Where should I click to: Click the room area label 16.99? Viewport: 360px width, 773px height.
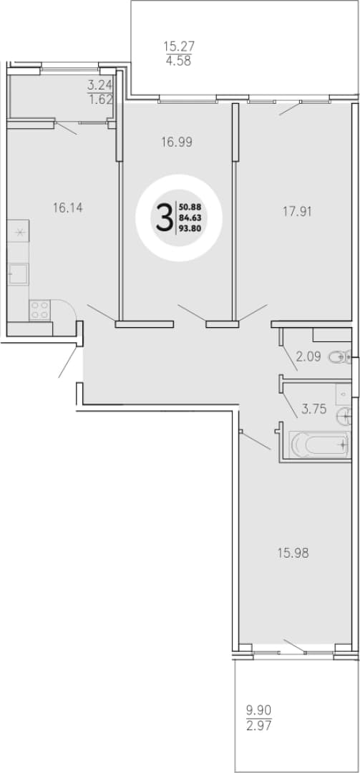point(176,142)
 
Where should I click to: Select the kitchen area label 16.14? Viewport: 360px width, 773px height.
point(67,208)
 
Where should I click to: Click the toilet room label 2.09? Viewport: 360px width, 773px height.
point(307,356)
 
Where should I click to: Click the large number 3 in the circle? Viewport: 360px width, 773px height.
point(164,218)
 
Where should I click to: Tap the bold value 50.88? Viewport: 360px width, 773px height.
point(190,207)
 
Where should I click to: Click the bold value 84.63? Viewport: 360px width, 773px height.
point(190,218)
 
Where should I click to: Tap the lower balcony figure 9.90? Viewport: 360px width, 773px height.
point(259,711)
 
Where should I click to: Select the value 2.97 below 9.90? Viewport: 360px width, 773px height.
point(259,726)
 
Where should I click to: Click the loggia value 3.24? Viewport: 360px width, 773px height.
point(101,84)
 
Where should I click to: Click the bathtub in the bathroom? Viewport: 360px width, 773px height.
point(319,444)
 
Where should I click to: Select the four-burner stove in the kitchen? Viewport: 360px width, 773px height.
point(39,310)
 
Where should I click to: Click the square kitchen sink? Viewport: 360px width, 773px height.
point(19,273)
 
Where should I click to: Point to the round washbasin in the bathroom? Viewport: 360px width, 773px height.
point(344,417)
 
